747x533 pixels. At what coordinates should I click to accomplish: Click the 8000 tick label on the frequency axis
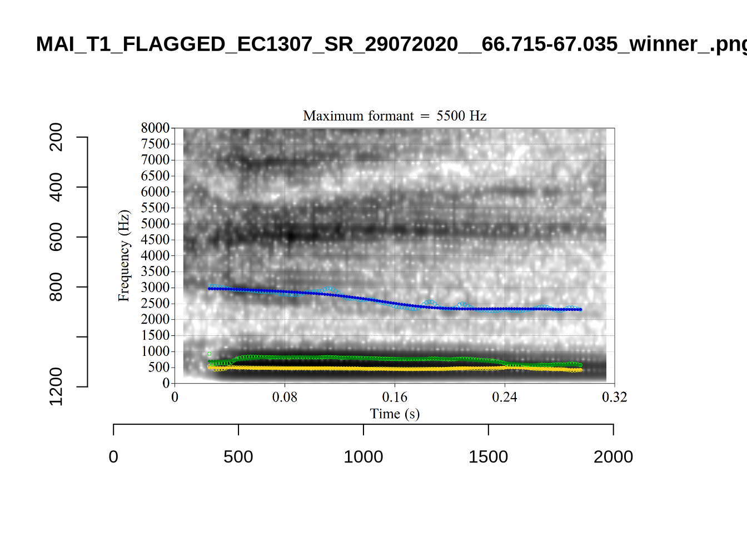(x=155, y=128)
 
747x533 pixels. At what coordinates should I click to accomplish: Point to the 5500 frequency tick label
(x=155, y=208)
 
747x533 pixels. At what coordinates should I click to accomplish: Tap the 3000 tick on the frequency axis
(x=155, y=288)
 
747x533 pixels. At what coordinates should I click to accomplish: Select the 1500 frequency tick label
(x=155, y=335)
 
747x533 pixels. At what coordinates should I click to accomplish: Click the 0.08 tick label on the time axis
(x=285, y=398)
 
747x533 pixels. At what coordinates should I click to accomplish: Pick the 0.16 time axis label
(x=395, y=398)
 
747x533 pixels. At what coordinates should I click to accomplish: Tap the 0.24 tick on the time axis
(x=505, y=398)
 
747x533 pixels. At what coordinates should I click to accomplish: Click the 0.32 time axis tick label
(x=614, y=398)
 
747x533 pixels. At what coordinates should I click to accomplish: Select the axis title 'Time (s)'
(x=395, y=414)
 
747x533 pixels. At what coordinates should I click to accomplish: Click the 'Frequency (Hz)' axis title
(x=123, y=255)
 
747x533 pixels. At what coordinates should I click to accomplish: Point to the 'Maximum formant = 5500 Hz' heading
(x=395, y=116)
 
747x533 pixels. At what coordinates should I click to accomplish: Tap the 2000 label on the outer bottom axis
(x=613, y=457)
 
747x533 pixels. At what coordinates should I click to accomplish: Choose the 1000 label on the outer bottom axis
(x=363, y=457)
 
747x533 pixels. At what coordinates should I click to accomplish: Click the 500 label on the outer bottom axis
(x=238, y=457)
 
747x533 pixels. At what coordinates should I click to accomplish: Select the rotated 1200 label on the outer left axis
(x=56, y=386)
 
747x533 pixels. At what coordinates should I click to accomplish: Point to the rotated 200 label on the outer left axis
(x=56, y=137)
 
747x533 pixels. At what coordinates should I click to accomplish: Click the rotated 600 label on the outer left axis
(x=56, y=237)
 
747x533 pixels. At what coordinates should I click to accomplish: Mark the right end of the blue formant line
(x=580, y=310)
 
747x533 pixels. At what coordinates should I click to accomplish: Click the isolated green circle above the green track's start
(x=209, y=354)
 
